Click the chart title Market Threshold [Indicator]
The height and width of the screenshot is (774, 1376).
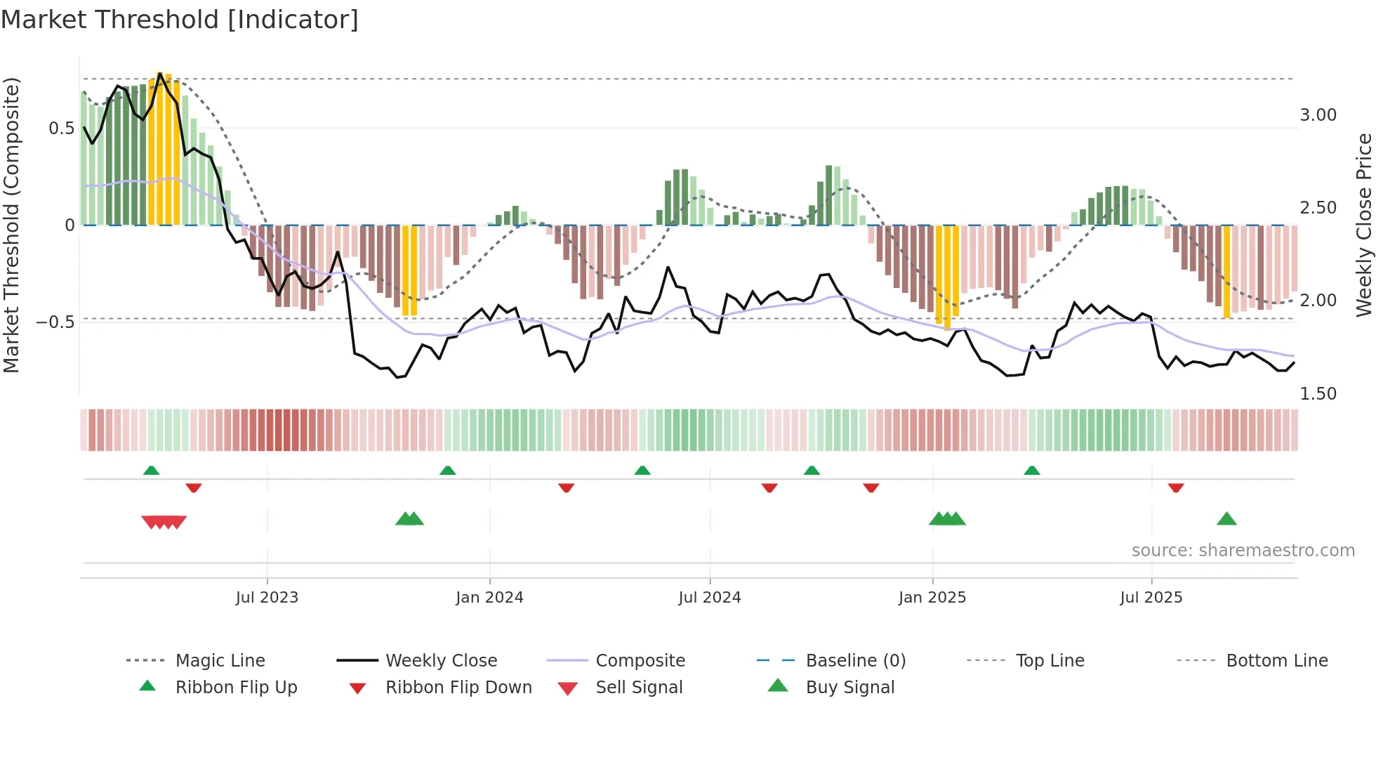click(x=180, y=20)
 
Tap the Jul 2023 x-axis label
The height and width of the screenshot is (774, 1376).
click(x=267, y=598)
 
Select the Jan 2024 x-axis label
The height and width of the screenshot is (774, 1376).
click(x=489, y=598)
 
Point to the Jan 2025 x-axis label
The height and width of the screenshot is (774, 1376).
click(x=932, y=598)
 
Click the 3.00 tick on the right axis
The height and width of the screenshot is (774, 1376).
click(x=1318, y=115)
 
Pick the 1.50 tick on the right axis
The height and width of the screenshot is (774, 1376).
click(x=1318, y=394)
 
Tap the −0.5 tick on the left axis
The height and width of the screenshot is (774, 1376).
click(x=55, y=322)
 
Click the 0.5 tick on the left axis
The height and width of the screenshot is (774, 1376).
click(x=61, y=129)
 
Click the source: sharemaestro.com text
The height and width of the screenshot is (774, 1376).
click(x=1243, y=551)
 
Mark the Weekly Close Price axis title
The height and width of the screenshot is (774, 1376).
click(x=1363, y=225)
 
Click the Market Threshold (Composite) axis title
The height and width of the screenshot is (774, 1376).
click(x=11, y=225)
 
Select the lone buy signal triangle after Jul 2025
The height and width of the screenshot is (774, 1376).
click(x=1226, y=519)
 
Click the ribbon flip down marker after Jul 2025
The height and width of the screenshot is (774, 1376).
click(x=1176, y=487)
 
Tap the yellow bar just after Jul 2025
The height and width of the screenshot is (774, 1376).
click(x=1226, y=271)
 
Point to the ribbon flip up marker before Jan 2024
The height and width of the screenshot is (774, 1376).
click(x=447, y=470)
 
